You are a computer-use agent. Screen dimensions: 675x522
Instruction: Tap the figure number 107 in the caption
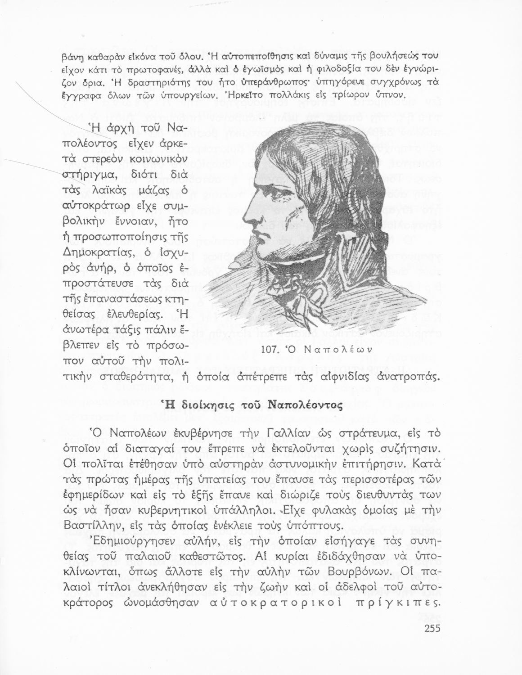[x=270, y=348]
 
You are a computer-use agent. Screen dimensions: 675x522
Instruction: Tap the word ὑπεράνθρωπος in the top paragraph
[x=246, y=83]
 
